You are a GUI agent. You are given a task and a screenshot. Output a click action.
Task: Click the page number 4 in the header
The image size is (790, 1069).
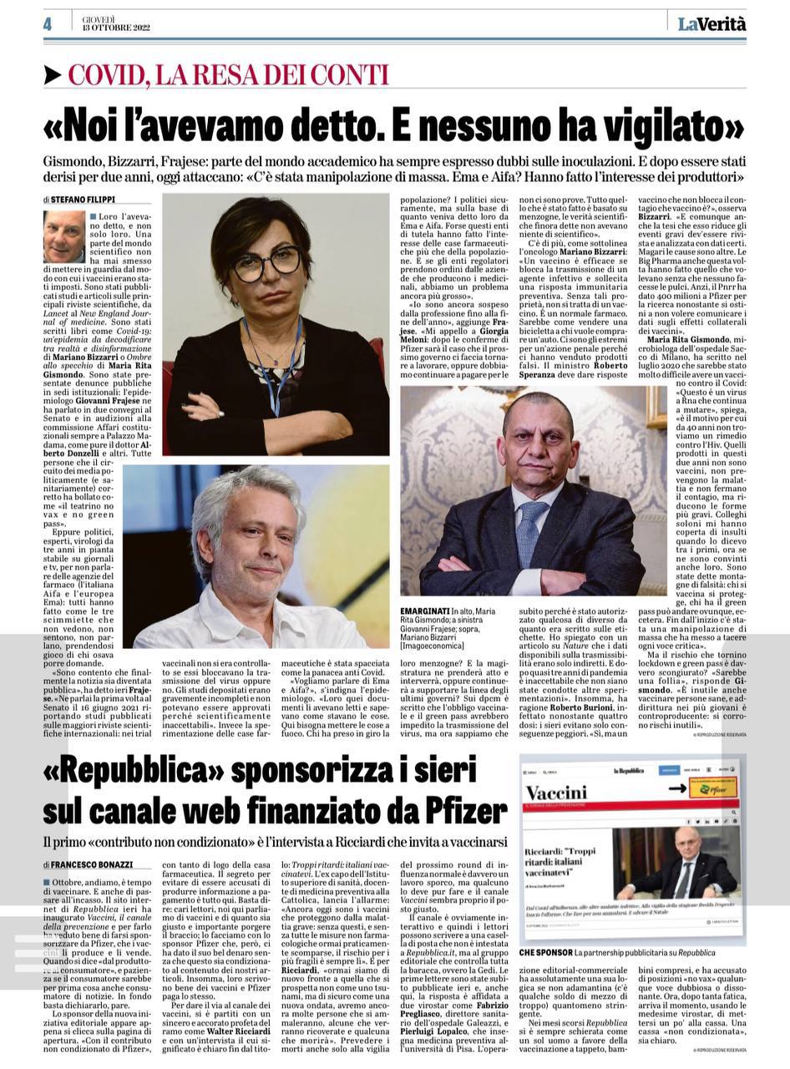coord(48,24)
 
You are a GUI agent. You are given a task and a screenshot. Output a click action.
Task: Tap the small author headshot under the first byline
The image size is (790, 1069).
coord(64,236)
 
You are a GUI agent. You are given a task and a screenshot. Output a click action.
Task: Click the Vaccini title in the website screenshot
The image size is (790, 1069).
coord(556,792)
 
